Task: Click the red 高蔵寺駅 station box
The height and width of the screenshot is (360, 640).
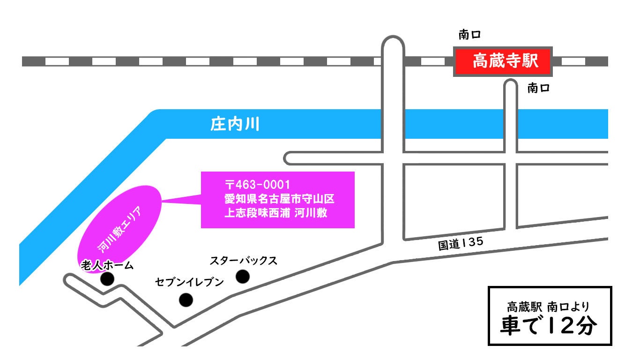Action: [503, 61]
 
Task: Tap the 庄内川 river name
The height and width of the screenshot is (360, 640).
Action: [234, 125]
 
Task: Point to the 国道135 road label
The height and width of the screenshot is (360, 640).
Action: [460, 244]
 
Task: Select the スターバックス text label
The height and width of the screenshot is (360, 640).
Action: [243, 261]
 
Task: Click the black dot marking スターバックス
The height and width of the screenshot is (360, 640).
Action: [242, 277]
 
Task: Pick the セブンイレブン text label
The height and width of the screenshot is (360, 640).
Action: [190, 282]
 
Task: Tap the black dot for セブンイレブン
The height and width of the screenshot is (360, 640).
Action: [186, 300]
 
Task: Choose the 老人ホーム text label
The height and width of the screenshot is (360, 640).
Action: [107, 265]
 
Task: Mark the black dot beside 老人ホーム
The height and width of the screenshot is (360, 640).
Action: [108, 279]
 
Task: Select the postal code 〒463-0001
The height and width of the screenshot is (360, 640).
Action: [258, 184]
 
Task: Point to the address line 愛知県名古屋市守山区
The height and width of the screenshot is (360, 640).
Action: [279, 199]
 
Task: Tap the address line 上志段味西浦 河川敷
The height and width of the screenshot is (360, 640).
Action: [275, 213]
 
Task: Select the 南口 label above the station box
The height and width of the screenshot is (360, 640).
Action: [470, 34]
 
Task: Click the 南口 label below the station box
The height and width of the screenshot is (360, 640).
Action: [538, 88]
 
